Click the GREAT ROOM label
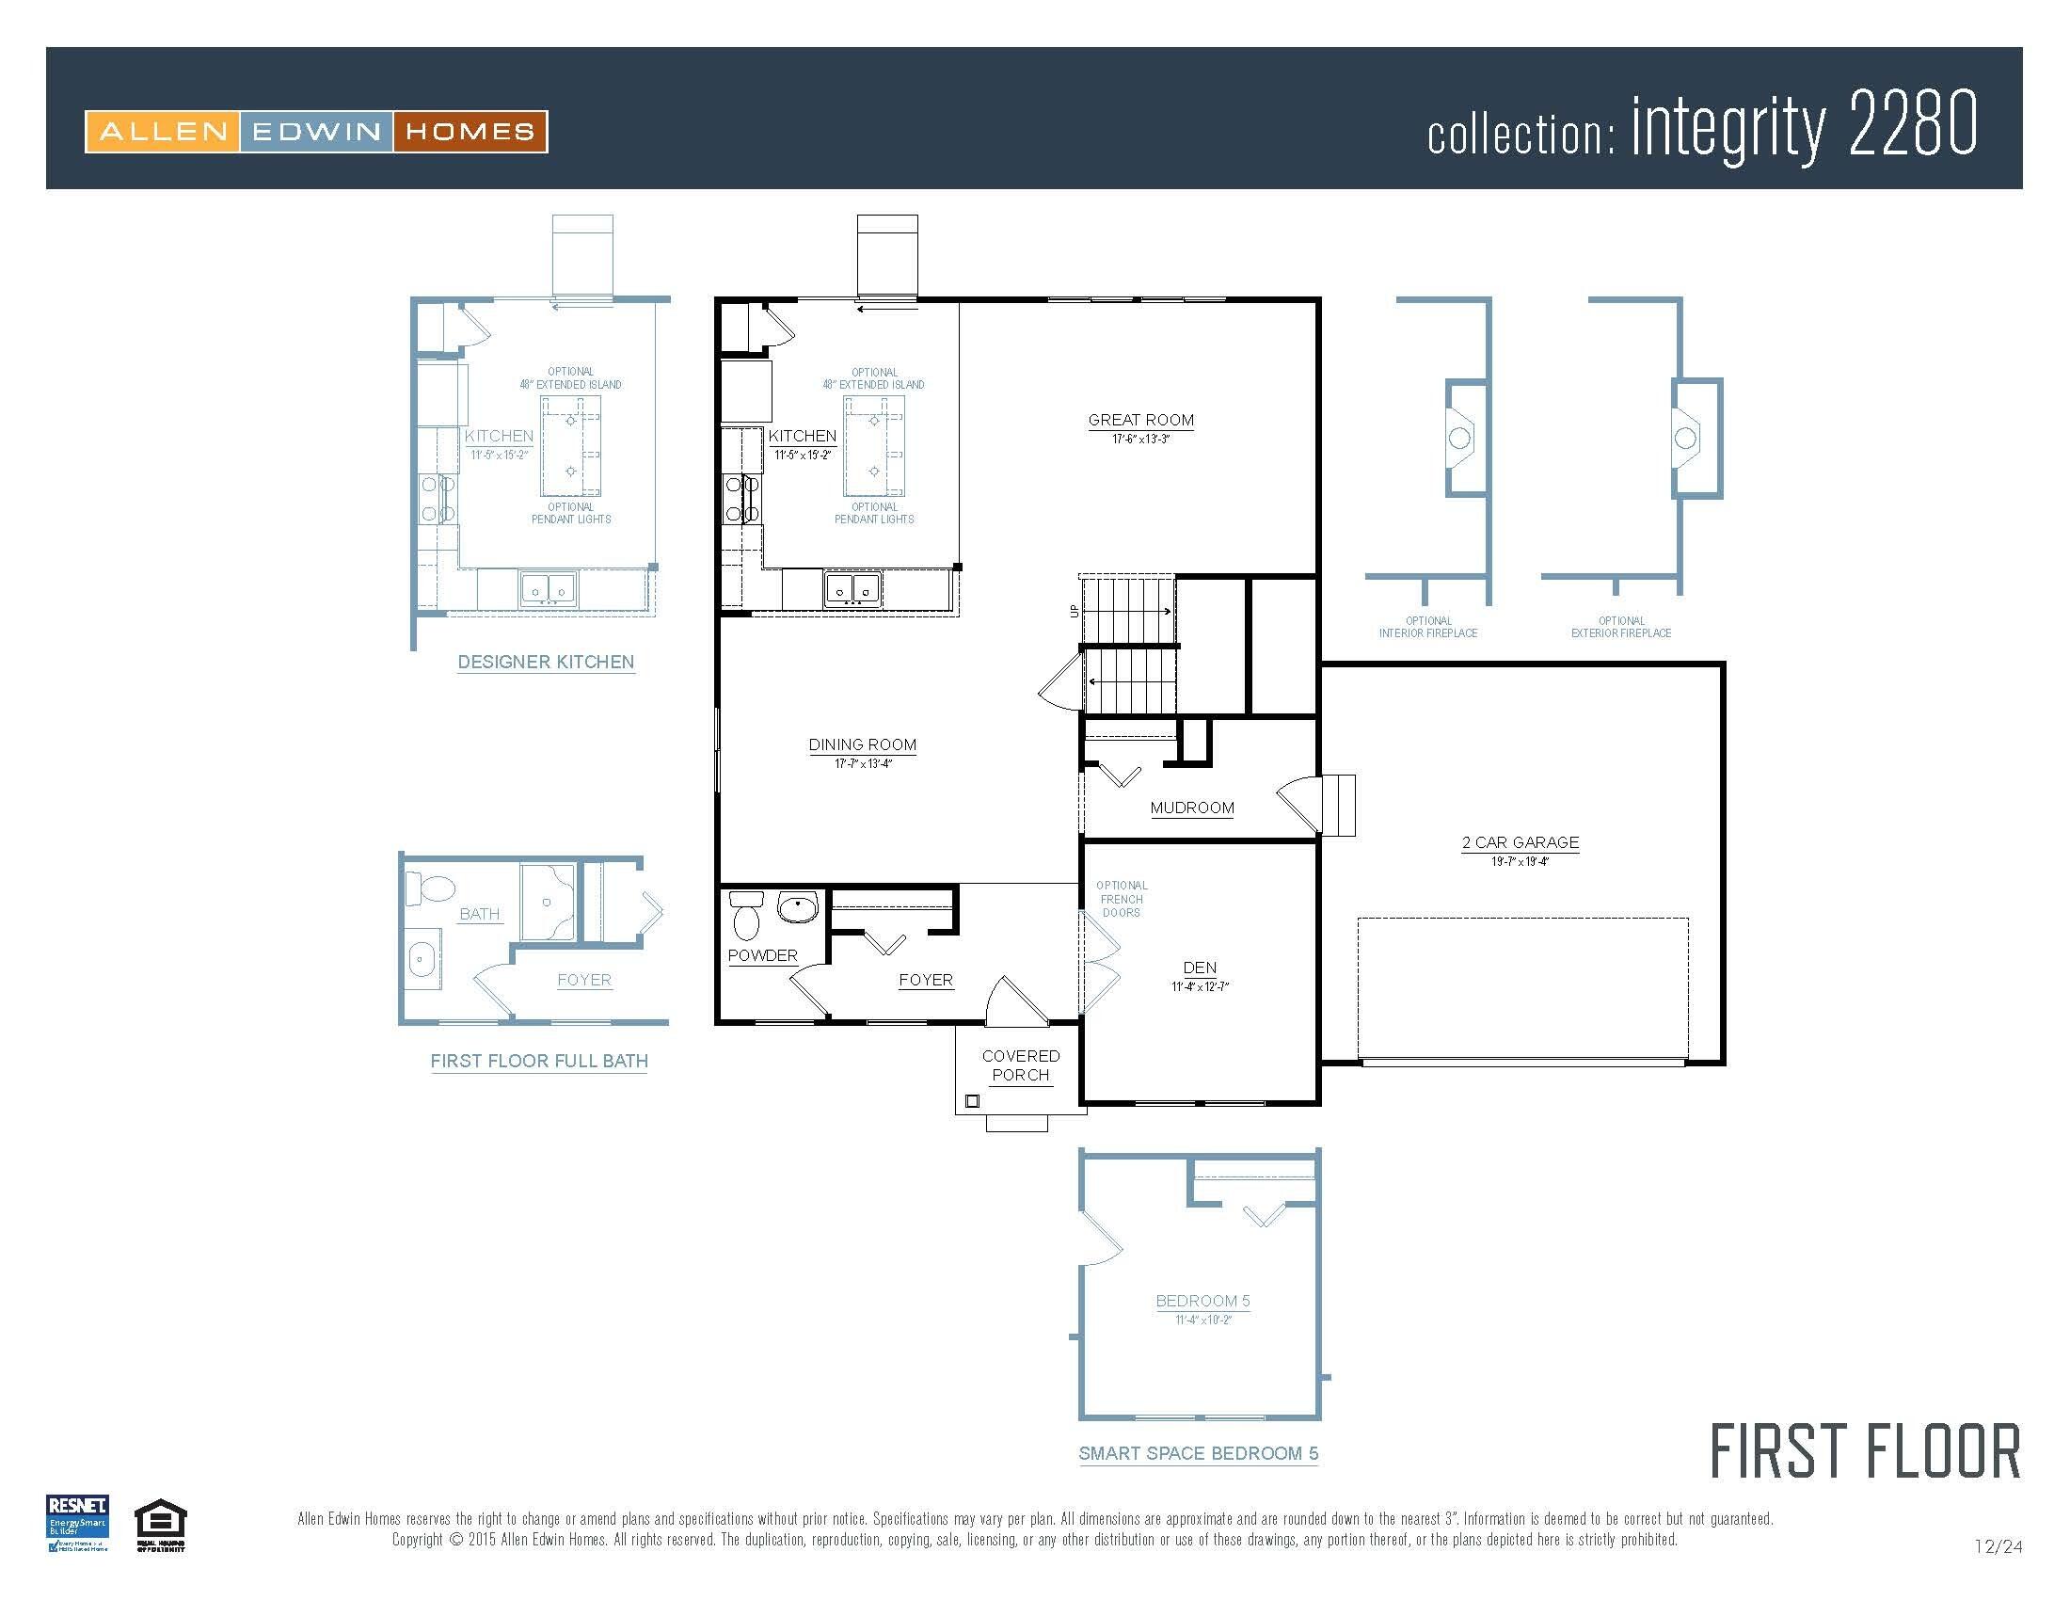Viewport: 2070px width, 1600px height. pos(1140,420)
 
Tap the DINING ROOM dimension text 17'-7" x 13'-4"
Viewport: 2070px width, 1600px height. pos(863,764)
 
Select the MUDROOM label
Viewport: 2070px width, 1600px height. pos(1191,808)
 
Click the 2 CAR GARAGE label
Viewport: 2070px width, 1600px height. pos(1521,841)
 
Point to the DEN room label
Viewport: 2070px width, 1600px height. pos(1199,968)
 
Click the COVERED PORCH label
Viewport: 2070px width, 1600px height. pos(1021,1065)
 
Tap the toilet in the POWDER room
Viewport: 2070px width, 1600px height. pos(747,916)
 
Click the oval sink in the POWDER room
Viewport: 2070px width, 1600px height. pos(798,907)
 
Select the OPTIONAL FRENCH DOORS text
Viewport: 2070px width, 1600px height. pos(1122,899)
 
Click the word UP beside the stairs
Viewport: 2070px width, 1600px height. pos(1074,612)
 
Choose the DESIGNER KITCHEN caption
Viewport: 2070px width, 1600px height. pos(546,662)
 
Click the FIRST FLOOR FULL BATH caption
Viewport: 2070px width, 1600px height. pos(539,1061)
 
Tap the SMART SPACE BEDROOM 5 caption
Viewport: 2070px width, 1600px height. pos(1198,1453)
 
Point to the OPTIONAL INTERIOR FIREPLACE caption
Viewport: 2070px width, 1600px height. pos(1427,627)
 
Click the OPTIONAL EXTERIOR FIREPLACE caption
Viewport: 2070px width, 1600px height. pos(1621,627)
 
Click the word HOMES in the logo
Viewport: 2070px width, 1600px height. pos(470,132)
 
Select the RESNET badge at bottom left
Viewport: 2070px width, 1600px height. pos(78,1522)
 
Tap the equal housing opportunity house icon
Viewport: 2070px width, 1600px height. pos(161,1520)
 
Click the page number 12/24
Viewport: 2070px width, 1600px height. pos(1998,1547)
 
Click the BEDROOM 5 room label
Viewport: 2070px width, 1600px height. pos(1202,1301)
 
